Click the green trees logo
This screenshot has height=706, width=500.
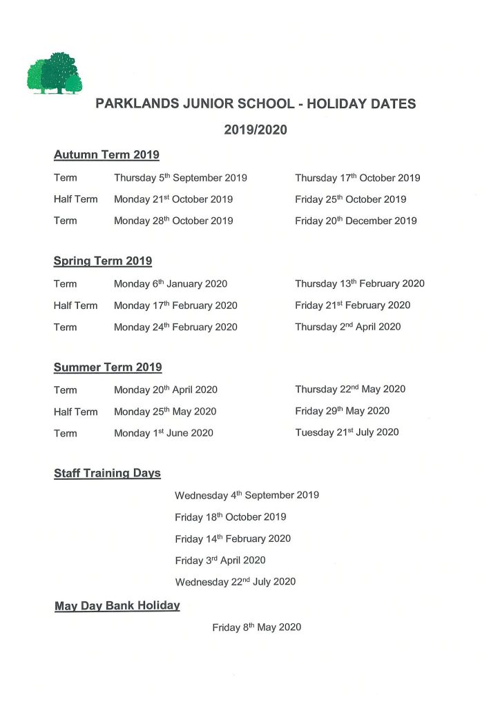coord(55,74)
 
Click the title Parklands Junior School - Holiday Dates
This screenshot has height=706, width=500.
coord(256,104)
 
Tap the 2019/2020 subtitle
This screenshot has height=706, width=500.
coord(256,129)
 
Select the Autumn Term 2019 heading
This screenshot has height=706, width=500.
coord(106,155)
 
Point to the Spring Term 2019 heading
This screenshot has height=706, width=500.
coord(103,261)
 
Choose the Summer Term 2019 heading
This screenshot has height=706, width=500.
coord(108,367)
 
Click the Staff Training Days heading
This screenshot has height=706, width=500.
coord(107,474)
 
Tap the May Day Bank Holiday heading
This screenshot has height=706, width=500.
coord(117,606)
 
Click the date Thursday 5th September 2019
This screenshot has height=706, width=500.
coord(180,178)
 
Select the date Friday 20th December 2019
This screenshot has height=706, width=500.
coord(356,221)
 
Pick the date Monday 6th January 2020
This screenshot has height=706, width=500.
coord(171,284)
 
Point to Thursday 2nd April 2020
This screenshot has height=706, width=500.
coord(347,327)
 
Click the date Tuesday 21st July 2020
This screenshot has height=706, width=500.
coord(347,433)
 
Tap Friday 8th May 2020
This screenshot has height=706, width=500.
coord(257,628)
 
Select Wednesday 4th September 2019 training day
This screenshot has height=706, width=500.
coord(247,495)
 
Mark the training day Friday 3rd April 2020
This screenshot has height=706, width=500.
coord(220,561)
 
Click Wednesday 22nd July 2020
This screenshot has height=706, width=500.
coord(235,582)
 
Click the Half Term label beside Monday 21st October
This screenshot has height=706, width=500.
coord(75,199)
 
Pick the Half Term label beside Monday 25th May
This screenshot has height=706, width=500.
coord(75,412)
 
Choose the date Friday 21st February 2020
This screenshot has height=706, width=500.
coord(352,305)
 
